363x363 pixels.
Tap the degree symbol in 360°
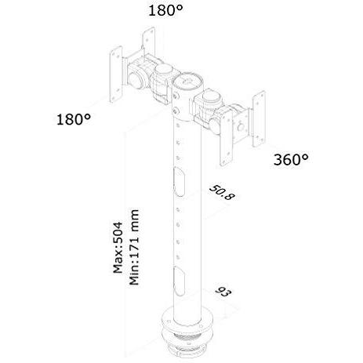tap(305, 155)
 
